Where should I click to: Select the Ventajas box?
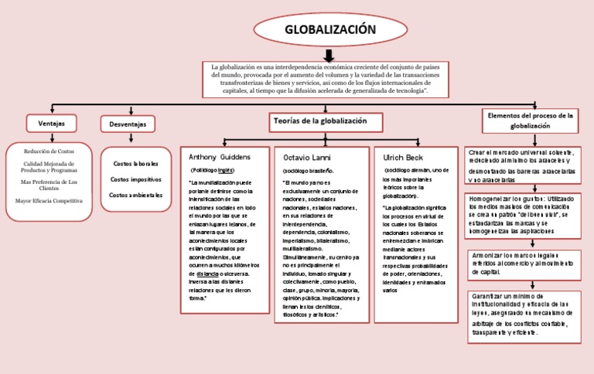[51, 123]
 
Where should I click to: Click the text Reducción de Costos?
[49, 152]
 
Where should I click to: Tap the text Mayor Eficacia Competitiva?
[49, 201]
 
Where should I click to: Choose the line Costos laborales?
[136, 164]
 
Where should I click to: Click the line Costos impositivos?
[136, 179]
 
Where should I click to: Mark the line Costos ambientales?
[136, 195]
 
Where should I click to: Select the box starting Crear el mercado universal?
[522, 165]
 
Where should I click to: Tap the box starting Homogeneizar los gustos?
[522, 215]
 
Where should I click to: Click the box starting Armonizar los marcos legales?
[522, 263]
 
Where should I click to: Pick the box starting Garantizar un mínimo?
[522, 314]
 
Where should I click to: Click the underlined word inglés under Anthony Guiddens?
[225, 168]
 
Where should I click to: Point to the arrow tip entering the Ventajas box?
[51, 114]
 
